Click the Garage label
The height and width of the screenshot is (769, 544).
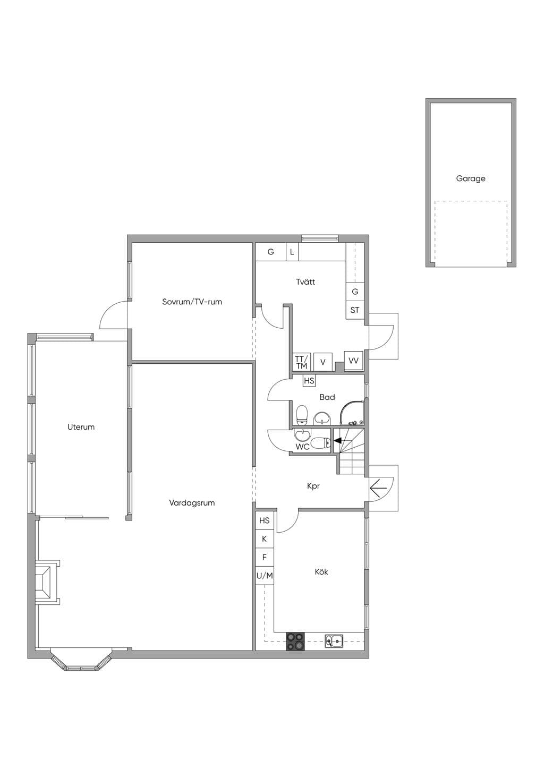[471, 178]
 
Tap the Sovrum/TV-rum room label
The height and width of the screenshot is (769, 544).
[192, 302]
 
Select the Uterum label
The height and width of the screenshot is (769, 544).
[81, 427]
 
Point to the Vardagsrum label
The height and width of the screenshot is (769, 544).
[192, 503]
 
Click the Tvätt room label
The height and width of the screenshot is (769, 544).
[305, 282]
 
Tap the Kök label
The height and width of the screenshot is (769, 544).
[321, 572]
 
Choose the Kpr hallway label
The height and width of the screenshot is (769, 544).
[313, 486]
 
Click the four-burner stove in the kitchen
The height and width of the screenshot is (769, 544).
[295, 642]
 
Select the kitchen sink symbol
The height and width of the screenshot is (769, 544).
[334, 640]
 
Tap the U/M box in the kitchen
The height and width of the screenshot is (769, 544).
[265, 576]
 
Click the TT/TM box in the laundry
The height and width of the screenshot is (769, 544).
[301, 362]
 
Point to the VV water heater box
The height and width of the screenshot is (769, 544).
[353, 361]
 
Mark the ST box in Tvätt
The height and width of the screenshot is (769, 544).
[355, 310]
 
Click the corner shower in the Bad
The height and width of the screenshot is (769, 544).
[352, 413]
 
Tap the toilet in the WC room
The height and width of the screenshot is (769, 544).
[320, 443]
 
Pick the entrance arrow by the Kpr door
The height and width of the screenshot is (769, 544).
[378, 488]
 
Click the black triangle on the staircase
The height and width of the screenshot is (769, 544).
[337, 441]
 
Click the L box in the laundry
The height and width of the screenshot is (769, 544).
[292, 252]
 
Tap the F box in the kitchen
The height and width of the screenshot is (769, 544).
[265, 557]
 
